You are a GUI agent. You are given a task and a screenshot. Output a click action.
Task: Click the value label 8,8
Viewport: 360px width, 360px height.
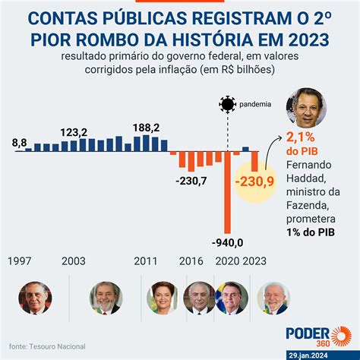[20, 142]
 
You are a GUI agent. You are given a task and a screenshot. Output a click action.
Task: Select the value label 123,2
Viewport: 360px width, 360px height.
[74, 132]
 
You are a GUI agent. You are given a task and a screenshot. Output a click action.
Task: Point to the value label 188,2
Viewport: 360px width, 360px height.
[146, 128]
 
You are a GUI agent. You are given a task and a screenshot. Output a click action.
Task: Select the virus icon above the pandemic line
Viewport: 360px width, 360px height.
[227, 105]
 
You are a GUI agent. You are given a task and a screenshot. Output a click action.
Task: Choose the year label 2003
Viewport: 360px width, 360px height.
[74, 261]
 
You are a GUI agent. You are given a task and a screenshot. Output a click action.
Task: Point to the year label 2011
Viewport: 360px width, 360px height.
[146, 261]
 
